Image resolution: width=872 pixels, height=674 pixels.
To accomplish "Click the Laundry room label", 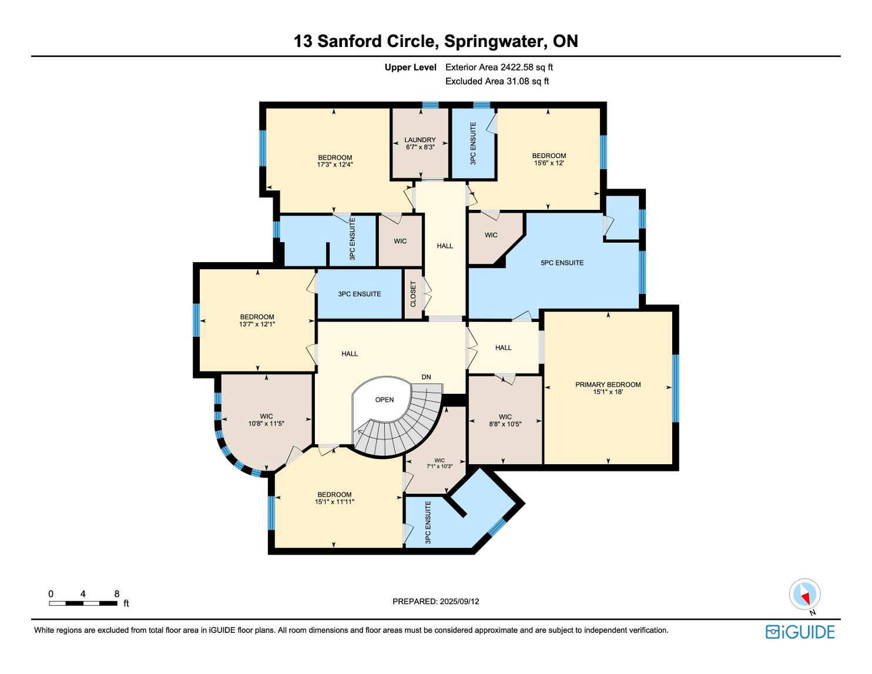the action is coord(420,140).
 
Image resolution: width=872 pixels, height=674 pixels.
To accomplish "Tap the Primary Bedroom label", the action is coord(608,384).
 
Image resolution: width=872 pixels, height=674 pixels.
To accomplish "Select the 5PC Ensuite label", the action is coord(562,263).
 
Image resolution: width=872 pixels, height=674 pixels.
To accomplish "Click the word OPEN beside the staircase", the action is coord(384,400).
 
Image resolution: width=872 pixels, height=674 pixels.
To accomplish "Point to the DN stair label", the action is coord(426,377).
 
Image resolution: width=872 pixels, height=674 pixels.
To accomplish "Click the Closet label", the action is coord(413,294).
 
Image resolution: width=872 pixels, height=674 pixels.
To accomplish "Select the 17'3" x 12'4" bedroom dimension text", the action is coord(335,165).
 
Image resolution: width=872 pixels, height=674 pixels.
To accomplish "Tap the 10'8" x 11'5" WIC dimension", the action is coord(266,423).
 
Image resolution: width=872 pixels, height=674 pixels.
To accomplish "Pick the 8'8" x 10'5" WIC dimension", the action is coord(505,424).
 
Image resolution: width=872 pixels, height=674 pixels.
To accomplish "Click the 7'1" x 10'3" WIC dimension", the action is coord(440,466).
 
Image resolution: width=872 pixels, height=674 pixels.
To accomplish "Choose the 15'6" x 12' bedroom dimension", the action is coord(549,163).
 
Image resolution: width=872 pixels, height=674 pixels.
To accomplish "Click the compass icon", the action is coord(804,594).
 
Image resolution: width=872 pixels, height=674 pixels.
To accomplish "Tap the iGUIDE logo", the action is coord(800,632).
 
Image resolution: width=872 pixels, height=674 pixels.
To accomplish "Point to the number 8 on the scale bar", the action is coord(117,593).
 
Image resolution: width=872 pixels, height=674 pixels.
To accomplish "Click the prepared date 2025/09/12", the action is coord(460,601).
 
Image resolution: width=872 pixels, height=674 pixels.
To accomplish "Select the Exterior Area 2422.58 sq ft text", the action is coord(499,68).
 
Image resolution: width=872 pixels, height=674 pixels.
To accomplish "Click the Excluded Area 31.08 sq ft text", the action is coord(497,81).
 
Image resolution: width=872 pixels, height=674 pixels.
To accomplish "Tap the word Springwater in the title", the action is coord(495,42).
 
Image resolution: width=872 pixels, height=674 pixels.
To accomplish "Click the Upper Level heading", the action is coord(410,68).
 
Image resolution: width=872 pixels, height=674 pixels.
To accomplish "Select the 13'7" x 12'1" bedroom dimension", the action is coord(257,324).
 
